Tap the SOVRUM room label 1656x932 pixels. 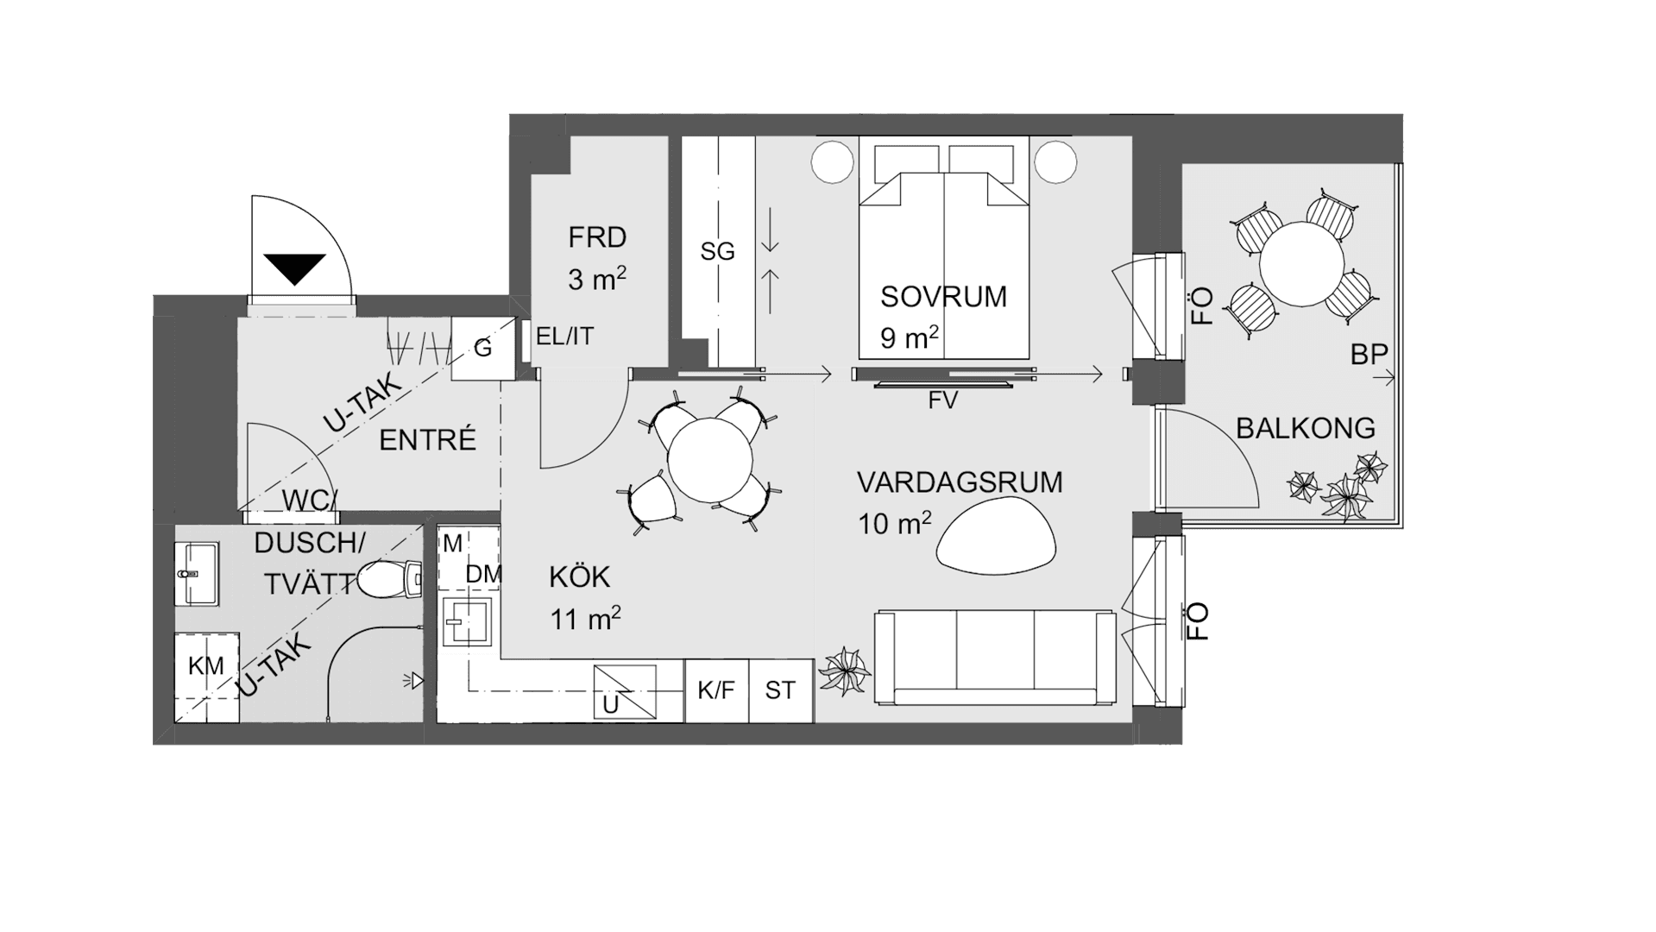click(x=943, y=297)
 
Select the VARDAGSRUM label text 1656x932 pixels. click(x=960, y=482)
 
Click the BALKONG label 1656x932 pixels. click(x=1306, y=428)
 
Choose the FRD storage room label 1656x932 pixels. click(x=597, y=236)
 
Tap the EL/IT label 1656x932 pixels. click(x=565, y=337)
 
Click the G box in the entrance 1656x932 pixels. click(x=483, y=349)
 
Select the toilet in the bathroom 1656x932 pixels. click(x=388, y=579)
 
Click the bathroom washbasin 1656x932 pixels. click(x=198, y=574)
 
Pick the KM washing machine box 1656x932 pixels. click(x=207, y=677)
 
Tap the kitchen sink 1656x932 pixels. click(x=469, y=620)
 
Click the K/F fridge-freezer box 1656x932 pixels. click(x=716, y=690)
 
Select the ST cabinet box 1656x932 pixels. click(x=781, y=690)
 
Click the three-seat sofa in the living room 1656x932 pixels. click(x=995, y=659)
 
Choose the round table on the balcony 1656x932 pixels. click(x=1302, y=263)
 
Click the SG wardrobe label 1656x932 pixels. click(x=718, y=252)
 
